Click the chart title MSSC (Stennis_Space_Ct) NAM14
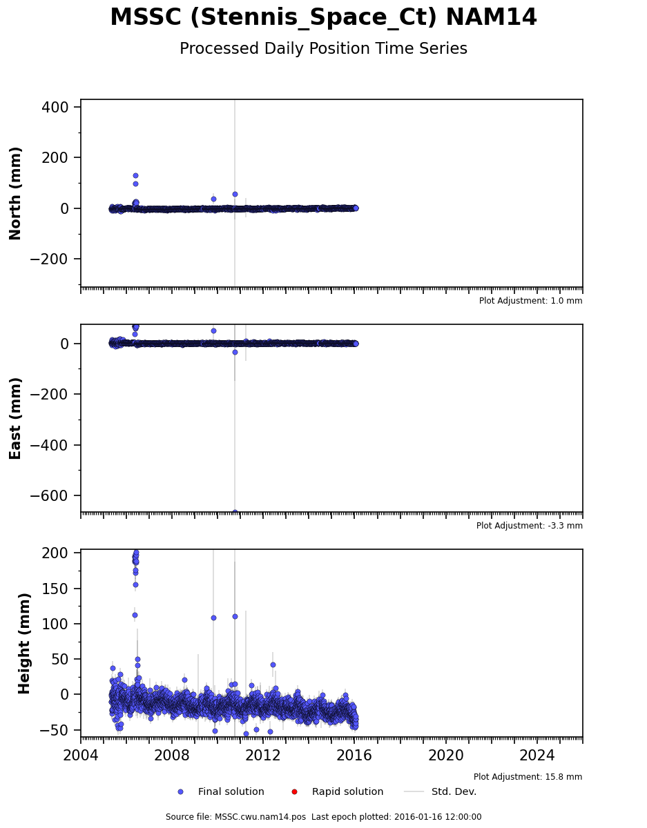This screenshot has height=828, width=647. pos(323,17)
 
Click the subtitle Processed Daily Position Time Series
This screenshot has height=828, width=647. pos(323,49)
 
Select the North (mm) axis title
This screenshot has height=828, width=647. pos(15,193)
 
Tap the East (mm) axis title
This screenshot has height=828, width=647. pos(15,418)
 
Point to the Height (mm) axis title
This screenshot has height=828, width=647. pos(23,643)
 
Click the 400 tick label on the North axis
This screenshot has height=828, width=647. pos(55,107)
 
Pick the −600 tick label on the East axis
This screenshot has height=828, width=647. pos(49,495)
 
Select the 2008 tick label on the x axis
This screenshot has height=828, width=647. pos(171,755)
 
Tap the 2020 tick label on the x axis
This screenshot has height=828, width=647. pos(445,755)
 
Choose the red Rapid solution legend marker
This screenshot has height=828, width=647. pos(294,792)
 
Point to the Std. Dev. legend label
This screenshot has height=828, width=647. pos(454,791)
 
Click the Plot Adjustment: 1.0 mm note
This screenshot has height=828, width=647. pos(530,301)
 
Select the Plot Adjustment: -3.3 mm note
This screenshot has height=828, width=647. pos(529,526)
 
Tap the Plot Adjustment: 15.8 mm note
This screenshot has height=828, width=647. pos(528,776)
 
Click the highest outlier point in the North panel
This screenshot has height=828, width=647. pos(135,176)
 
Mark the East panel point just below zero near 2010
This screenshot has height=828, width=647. pos(235,352)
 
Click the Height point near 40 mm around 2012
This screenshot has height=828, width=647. pos(273,665)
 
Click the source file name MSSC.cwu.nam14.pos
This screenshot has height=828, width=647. pos(260,817)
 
